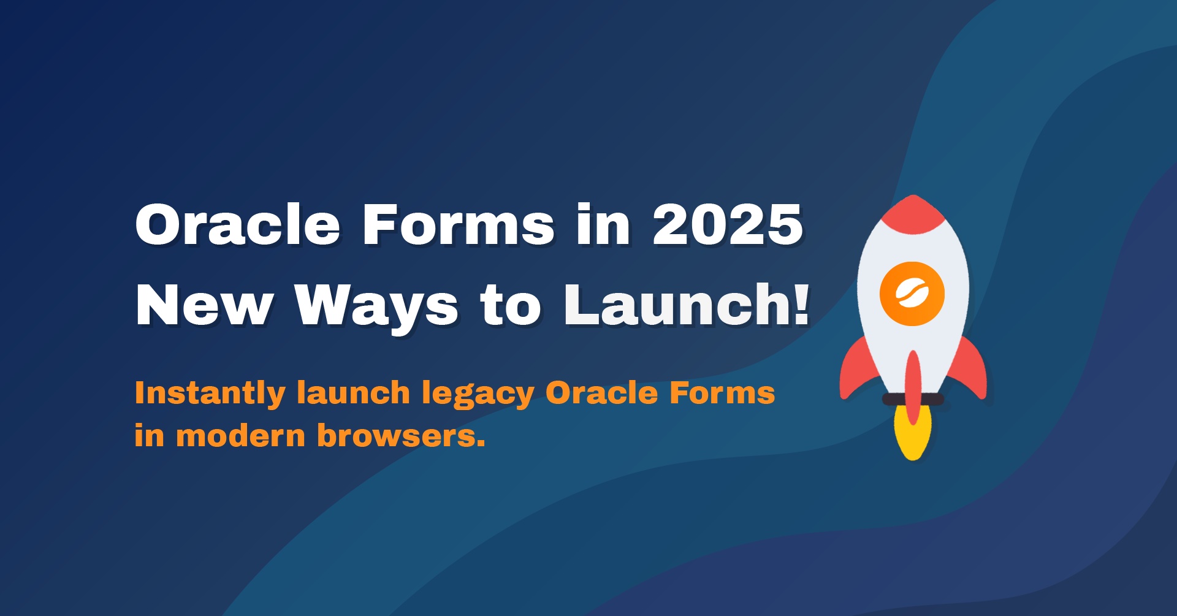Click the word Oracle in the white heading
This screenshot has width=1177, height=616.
(x=237, y=225)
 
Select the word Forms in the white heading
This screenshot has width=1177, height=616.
(x=459, y=225)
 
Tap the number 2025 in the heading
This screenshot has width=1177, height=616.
(x=727, y=225)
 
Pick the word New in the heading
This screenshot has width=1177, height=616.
(x=204, y=305)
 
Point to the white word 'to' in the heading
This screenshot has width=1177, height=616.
(x=511, y=305)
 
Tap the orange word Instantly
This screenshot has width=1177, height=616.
(x=210, y=394)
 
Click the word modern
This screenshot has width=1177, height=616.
(x=240, y=436)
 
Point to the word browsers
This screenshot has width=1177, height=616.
(x=401, y=436)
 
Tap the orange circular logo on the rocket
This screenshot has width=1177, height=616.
(x=912, y=294)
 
